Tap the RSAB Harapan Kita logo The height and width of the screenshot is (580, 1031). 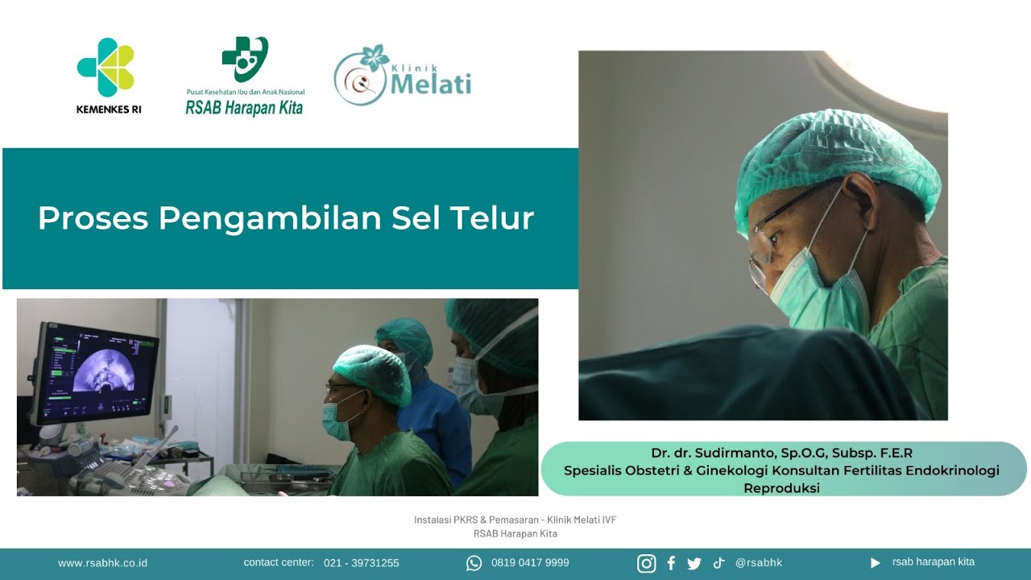[x=245, y=77]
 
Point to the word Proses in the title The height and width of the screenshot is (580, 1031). [x=93, y=218]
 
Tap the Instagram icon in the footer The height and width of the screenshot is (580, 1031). [x=646, y=563]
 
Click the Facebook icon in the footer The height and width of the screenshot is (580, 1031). [x=671, y=563]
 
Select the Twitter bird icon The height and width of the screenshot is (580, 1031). [x=694, y=563]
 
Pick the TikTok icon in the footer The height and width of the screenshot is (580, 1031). [x=718, y=563]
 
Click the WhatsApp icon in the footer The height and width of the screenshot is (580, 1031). [x=474, y=563]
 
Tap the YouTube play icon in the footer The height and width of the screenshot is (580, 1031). [x=875, y=563]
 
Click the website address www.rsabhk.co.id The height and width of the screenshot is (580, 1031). [x=102, y=563]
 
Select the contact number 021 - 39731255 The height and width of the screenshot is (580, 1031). [x=361, y=563]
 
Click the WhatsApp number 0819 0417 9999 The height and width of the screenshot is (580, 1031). [x=530, y=563]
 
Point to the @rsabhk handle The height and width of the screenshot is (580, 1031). [x=759, y=563]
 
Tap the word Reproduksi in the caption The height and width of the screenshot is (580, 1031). [x=781, y=488]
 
